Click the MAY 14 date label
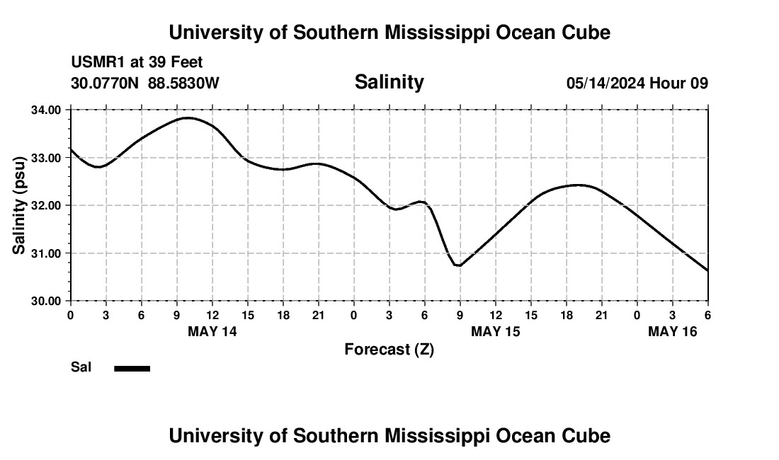pos(212,331)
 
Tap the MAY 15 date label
pos(496,331)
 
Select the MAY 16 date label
pos(673,331)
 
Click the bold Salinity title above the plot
pos(389,82)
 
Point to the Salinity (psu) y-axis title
pos(20,205)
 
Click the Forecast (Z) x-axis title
pos(389,350)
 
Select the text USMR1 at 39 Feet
pos(137,63)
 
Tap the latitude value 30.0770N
pos(106,84)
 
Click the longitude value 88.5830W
pos(183,84)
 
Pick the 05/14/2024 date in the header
pos(605,84)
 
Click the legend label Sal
pos(81,367)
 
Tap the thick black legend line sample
pos(132,368)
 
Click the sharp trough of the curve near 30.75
pos(459,265)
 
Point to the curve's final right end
pos(707,270)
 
